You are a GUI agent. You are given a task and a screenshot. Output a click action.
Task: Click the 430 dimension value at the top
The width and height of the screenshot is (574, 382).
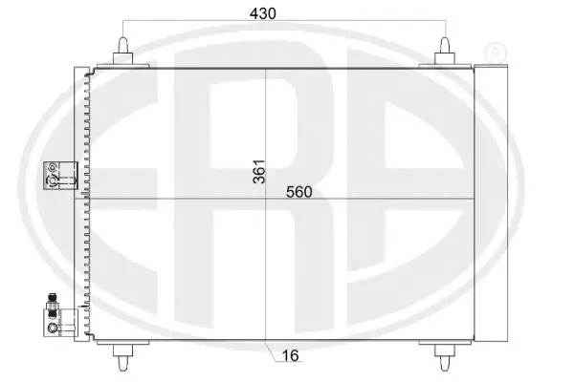[x=285, y=14]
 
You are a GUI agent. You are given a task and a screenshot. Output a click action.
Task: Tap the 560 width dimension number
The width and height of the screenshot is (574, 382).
[x=298, y=192]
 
